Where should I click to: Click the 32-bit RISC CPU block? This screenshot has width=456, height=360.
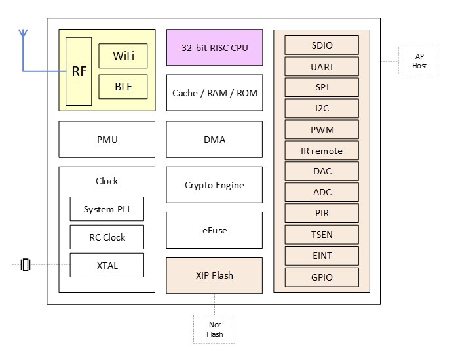215,47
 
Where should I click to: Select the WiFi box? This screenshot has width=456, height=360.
123,56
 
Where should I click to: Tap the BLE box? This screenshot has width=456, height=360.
123,87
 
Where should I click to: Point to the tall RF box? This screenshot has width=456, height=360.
79,71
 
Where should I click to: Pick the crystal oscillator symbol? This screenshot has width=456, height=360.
26,264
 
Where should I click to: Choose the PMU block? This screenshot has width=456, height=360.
107,140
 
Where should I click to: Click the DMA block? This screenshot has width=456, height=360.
214,140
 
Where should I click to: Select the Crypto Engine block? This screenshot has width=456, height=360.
214,185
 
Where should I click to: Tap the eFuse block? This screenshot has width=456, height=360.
214,230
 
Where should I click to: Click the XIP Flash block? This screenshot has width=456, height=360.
214,275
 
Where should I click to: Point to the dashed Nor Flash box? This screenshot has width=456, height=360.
214,329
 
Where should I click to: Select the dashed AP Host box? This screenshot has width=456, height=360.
419,61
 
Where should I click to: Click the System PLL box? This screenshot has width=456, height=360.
107,209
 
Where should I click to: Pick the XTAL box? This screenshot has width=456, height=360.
107,265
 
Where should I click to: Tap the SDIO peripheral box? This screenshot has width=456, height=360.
322,45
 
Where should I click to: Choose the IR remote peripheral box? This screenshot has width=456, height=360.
322,150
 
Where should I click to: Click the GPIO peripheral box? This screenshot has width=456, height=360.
322,277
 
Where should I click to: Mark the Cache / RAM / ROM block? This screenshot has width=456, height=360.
215,93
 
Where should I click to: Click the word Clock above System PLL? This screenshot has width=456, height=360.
107,181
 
